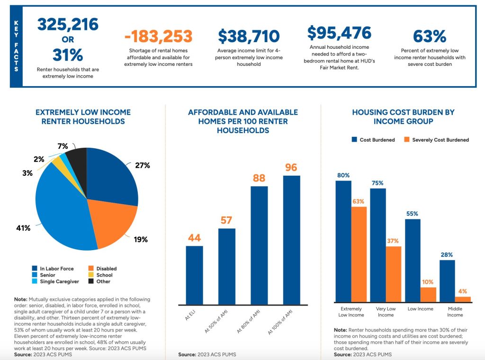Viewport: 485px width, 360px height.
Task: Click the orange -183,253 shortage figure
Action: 158,36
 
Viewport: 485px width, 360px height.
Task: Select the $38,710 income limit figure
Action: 249,36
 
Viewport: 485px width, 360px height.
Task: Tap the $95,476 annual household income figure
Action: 339,33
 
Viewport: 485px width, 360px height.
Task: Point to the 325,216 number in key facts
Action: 68,24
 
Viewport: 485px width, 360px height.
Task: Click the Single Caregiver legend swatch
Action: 35,281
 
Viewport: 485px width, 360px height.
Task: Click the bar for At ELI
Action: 194,275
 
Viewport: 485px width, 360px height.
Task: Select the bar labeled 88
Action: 259,244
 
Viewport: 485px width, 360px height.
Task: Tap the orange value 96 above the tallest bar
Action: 291,168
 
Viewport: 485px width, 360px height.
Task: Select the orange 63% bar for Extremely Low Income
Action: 359,254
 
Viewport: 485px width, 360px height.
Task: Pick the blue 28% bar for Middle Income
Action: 447,281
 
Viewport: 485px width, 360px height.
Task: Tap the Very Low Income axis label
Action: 386,312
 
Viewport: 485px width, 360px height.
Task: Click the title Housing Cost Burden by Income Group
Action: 403,117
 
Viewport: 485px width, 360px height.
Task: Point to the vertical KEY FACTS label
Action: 16,46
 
